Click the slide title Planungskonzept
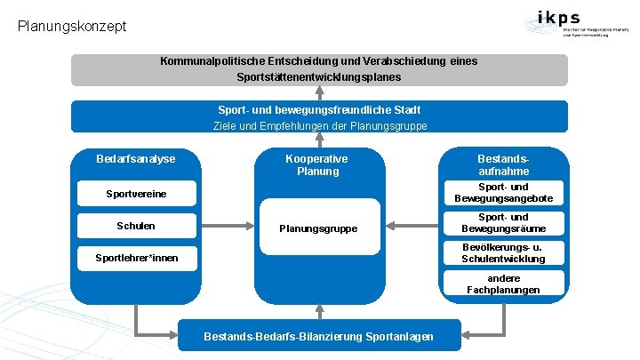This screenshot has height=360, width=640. point(72,26)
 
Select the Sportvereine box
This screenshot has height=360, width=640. point(135,194)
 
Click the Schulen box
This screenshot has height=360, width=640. point(135,226)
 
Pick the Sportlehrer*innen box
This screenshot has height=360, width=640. point(135,259)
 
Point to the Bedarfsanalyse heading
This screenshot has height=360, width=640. point(136,159)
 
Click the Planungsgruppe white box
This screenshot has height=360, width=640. point(318,229)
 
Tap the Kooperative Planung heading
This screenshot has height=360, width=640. point(317,165)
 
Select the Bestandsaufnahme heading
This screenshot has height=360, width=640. point(503,165)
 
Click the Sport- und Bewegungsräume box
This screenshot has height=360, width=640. point(503,223)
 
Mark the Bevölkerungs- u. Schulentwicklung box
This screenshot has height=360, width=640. point(503,252)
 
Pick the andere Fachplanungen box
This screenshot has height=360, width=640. point(503,284)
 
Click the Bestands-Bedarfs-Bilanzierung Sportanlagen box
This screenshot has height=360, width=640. point(319,336)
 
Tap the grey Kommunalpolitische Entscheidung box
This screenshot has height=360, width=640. point(319,70)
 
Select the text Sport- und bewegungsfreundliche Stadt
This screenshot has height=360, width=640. point(319,110)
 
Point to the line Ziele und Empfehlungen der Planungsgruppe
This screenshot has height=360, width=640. point(319,126)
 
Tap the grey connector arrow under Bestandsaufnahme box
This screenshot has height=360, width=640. point(498,323)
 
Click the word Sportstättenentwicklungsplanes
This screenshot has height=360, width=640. point(319,78)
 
